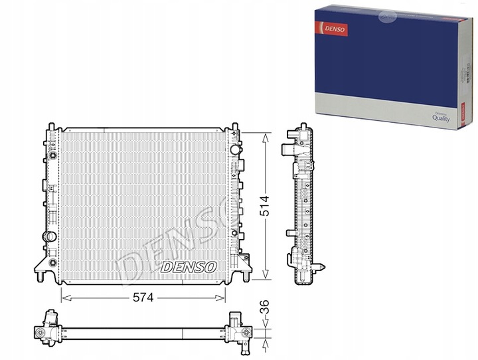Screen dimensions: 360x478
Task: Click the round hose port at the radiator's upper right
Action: point(234,150)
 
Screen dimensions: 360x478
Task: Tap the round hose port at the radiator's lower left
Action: point(48,236)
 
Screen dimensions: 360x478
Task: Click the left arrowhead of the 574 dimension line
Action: point(64,292)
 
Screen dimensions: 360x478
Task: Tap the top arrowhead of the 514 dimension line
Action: point(266,135)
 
